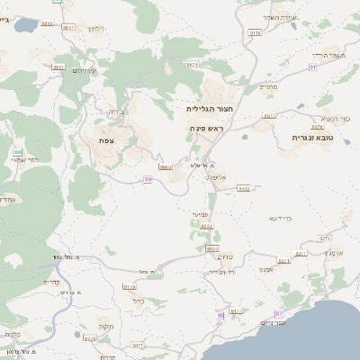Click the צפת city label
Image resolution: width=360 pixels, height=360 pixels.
point(107,140)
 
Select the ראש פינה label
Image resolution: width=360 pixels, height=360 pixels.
point(205,129)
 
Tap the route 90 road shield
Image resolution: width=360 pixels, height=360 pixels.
point(220,316)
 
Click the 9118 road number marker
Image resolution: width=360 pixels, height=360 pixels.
point(255,32)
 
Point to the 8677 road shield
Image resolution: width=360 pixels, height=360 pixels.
point(269,116)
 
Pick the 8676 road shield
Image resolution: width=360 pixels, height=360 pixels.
point(317,128)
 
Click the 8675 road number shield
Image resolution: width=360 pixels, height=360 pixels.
point(192,65)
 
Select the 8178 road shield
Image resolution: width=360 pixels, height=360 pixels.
point(88,338)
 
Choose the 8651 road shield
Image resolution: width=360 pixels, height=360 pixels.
point(206,227)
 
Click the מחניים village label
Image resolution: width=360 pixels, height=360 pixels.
point(270,87)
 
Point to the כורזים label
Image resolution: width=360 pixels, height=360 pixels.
point(226,256)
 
